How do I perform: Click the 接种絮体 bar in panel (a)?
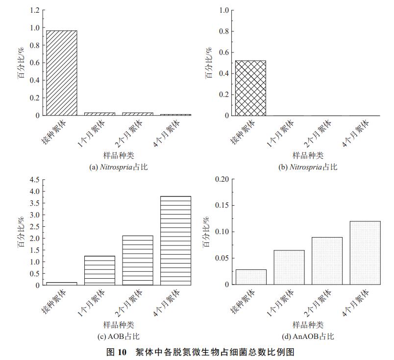click(x=61, y=73)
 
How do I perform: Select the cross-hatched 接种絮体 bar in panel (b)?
click(x=250, y=88)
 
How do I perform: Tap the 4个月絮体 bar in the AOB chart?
click(x=175, y=240)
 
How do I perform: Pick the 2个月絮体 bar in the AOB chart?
click(x=138, y=260)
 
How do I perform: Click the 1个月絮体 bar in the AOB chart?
click(x=99, y=270)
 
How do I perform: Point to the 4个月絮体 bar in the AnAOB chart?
click(x=365, y=253)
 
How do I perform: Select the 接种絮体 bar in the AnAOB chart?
click(x=251, y=277)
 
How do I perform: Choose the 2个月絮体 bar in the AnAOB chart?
click(x=327, y=261)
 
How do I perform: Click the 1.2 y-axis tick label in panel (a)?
click(x=34, y=10)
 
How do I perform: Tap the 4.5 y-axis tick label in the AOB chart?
click(x=34, y=180)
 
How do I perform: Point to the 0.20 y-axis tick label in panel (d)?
click(x=222, y=179)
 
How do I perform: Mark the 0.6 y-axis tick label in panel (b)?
click(x=224, y=52)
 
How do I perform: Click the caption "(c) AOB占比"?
click(x=118, y=336)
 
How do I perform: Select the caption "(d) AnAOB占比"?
click(x=308, y=336)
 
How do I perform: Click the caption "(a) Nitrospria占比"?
click(x=118, y=167)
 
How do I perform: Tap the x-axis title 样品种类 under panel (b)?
click(x=308, y=155)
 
